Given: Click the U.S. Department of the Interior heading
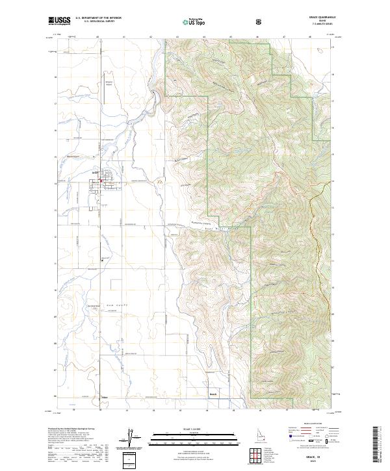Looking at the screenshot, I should click(98, 18).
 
